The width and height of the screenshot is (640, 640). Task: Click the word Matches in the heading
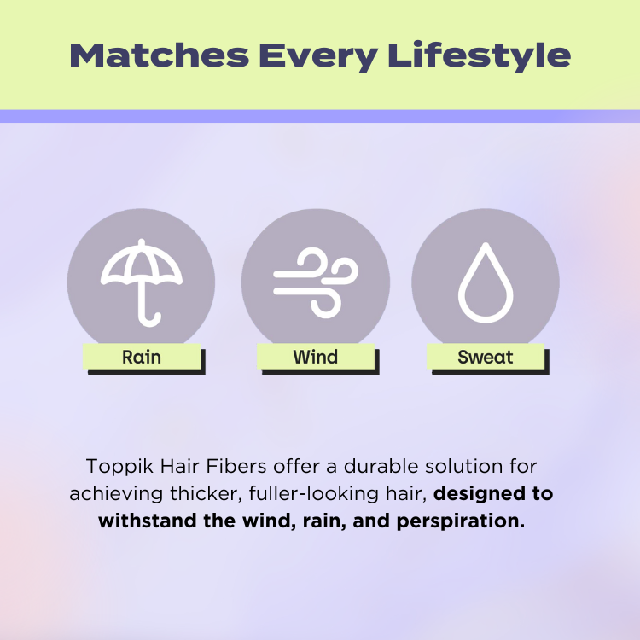click(160, 55)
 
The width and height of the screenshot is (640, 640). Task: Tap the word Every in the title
click(318, 56)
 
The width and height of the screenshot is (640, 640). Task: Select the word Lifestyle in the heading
click(480, 56)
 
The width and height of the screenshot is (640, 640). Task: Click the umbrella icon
click(141, 282)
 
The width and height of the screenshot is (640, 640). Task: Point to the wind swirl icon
click(316, 282)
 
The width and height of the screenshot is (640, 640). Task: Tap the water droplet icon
click(486, 282)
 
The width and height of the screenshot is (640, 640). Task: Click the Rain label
click(142, 358)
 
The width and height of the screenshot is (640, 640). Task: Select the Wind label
click(316, 358)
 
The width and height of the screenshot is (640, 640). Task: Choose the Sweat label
click(486, 358)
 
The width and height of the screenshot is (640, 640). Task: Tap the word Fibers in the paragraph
click(236, 466)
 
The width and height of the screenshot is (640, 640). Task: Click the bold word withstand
click(148, 521)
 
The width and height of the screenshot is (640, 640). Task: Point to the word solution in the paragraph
click(463, 466)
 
